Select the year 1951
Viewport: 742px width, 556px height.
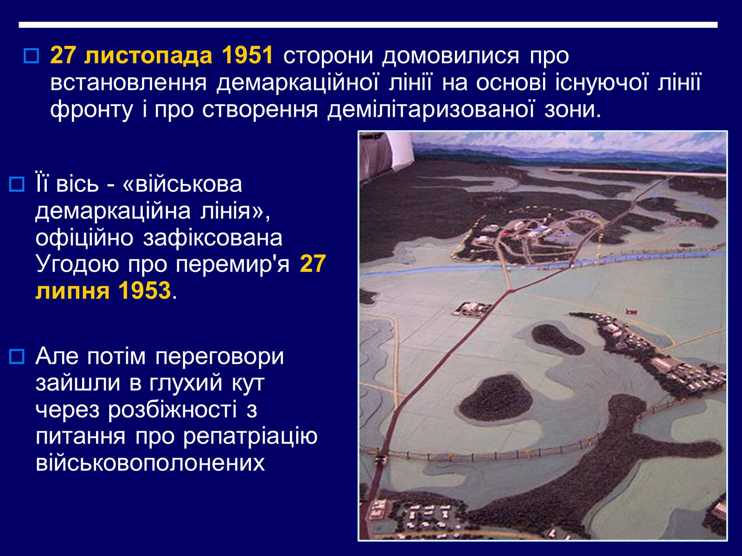click(248, 55)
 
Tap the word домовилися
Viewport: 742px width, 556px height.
click(451, 57)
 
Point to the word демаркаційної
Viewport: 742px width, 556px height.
click(297, 83)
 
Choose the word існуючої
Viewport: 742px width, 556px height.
click(601, 83)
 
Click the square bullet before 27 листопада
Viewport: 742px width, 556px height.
click(32, 56)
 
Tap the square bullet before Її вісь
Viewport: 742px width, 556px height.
click(17, 184)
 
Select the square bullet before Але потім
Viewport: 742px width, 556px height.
click(17, 356)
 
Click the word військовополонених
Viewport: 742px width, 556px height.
click(150, 463)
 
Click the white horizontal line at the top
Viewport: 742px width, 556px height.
click(368, 25)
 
